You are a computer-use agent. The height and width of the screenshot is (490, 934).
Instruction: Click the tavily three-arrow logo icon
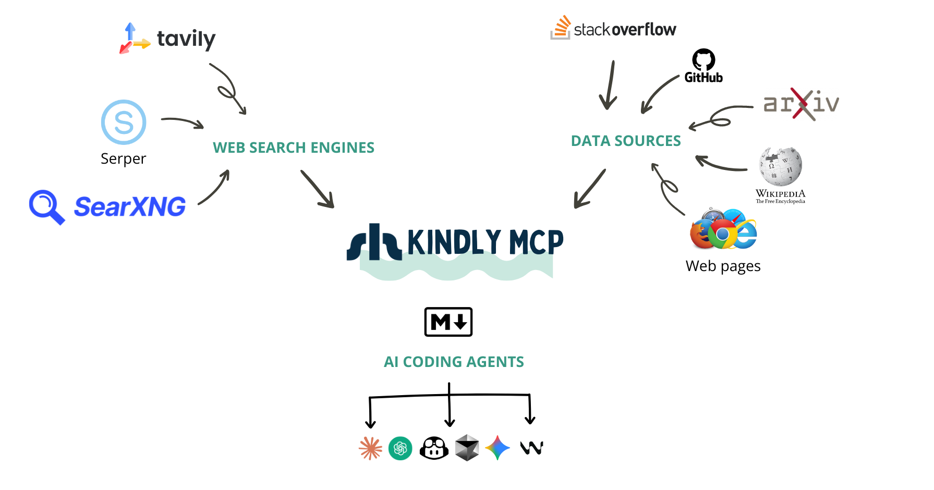pos(134,38)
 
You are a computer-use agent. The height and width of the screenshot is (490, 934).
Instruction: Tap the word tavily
pos(186,39)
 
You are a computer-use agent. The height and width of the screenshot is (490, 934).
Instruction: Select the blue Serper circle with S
pos(124,122)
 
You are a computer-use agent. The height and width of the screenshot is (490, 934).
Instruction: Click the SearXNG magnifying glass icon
pos(46,206)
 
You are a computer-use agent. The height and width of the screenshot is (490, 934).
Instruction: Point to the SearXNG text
pos(130,206)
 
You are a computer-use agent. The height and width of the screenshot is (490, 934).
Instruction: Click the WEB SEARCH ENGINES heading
pos(294,148)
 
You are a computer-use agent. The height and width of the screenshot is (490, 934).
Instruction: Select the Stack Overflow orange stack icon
pos(561,28)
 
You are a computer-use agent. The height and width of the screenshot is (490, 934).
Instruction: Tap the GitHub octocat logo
pos(703,60)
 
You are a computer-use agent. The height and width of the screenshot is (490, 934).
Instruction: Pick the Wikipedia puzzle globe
pos(780,166)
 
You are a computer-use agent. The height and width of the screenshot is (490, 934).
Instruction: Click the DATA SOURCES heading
pos(626,141)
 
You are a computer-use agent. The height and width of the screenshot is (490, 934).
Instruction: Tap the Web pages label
pos(723,266)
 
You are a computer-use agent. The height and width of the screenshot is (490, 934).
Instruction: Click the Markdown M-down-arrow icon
pos(448,322)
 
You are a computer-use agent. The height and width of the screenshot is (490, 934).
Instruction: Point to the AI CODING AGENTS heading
pos(454,362)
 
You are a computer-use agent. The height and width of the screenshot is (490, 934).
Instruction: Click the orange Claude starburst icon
pos(370,448)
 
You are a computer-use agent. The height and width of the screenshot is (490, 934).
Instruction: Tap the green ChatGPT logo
pos(401,448)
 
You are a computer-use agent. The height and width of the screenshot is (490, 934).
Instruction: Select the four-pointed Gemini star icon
pos(498,448)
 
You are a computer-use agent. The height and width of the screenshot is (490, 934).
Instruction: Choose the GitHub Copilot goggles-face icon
pos(434,448)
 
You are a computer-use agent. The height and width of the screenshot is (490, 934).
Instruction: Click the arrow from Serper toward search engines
pos(183,122)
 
